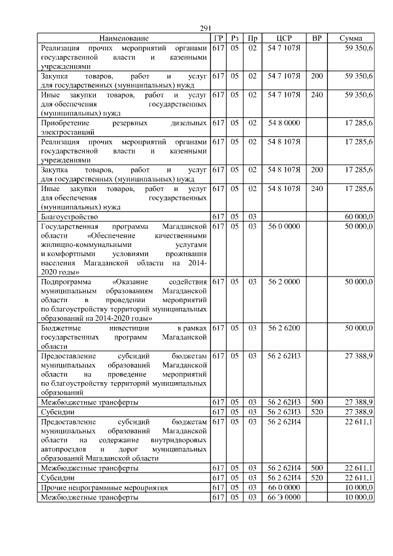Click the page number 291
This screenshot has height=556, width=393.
pyautogui.click(x=205, y=28)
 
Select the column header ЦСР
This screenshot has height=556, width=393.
pyautogui.click(x=284, y=38)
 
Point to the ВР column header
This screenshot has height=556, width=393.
pyautogui.click(x=317, y=38)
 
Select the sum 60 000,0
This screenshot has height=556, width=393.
pyautogui.click(x=358, y=217)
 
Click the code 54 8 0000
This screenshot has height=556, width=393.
pyautogui.click(x=284, y=123)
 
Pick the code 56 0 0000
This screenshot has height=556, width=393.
pyautogui.click(x=284, y=226)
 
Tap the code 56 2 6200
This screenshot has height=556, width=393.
pyautogui.click(x=284, y=329)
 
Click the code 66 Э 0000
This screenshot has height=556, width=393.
pyautogui.click(x=284, y=497)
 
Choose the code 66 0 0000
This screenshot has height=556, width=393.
pyautogui.click(x=284, y=488)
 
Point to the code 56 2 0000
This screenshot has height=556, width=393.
pyautogui.click(x=284, y=281)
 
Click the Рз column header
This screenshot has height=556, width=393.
pyautogui.click(x=234, y=38)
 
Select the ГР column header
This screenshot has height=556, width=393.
pyautogui.click(x=217, y=38)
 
